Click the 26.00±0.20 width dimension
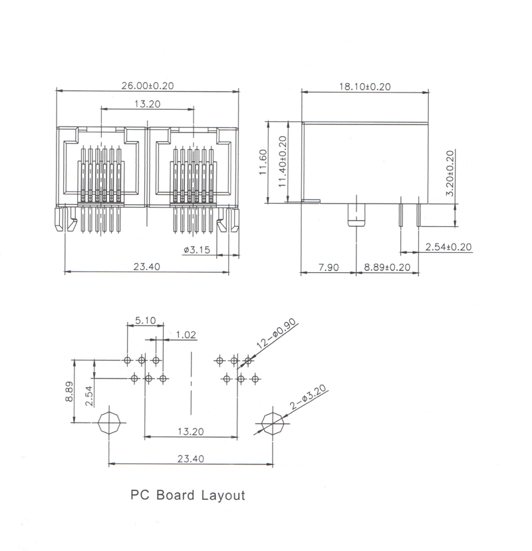point(148,86)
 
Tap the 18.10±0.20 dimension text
point(365,87)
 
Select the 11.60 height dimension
point(263,162)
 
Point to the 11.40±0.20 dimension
point(283,162)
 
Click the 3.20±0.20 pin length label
point(450,173)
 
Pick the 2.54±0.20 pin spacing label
point(448,247)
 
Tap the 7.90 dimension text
point(329,268)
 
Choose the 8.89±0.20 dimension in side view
point(387,268)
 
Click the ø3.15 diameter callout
point(197,250)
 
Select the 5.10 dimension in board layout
point(146,320)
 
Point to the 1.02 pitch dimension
point(186,335)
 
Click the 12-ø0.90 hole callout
point(277,334)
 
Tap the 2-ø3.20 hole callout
point(309,397)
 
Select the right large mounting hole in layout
point(273,423)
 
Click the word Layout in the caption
point(223,496)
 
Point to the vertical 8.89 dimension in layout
point(69,391)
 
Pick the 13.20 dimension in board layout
point(191,431)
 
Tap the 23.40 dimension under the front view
point(147,267)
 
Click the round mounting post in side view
point(356,215)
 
